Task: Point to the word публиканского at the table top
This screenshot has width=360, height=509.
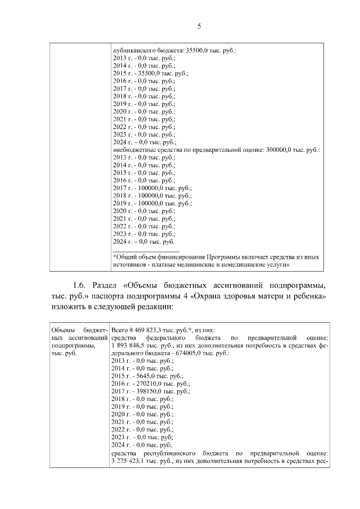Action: (x=133, y=51)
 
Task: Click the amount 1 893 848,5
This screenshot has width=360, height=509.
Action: (x=133, y=345)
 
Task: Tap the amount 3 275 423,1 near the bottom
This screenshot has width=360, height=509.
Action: (x=133, y=460)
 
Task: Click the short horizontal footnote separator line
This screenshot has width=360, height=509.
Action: (x=146, y=251)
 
